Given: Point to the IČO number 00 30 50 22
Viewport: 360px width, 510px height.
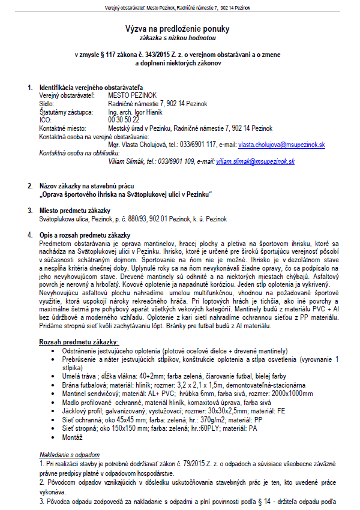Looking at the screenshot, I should [123, 120].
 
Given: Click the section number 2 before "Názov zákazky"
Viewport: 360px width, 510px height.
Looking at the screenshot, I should [30, 186].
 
